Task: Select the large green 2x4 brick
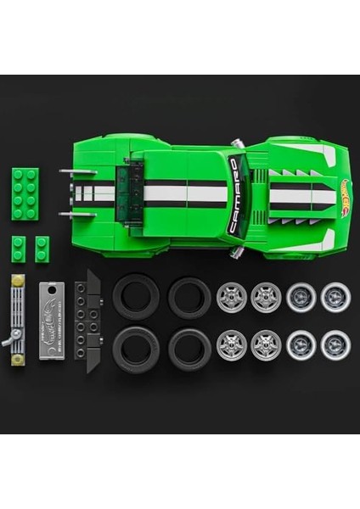[25, 187]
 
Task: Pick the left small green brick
[18, 247]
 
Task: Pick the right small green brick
[42, 247]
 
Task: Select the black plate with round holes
[87, 316]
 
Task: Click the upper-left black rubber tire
[135, 294]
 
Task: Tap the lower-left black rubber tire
[135, 348]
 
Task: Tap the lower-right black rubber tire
[189, 348]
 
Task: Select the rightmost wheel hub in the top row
[334, 297]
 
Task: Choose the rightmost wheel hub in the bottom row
[334, 345]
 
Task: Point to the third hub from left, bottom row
[300, 345]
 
